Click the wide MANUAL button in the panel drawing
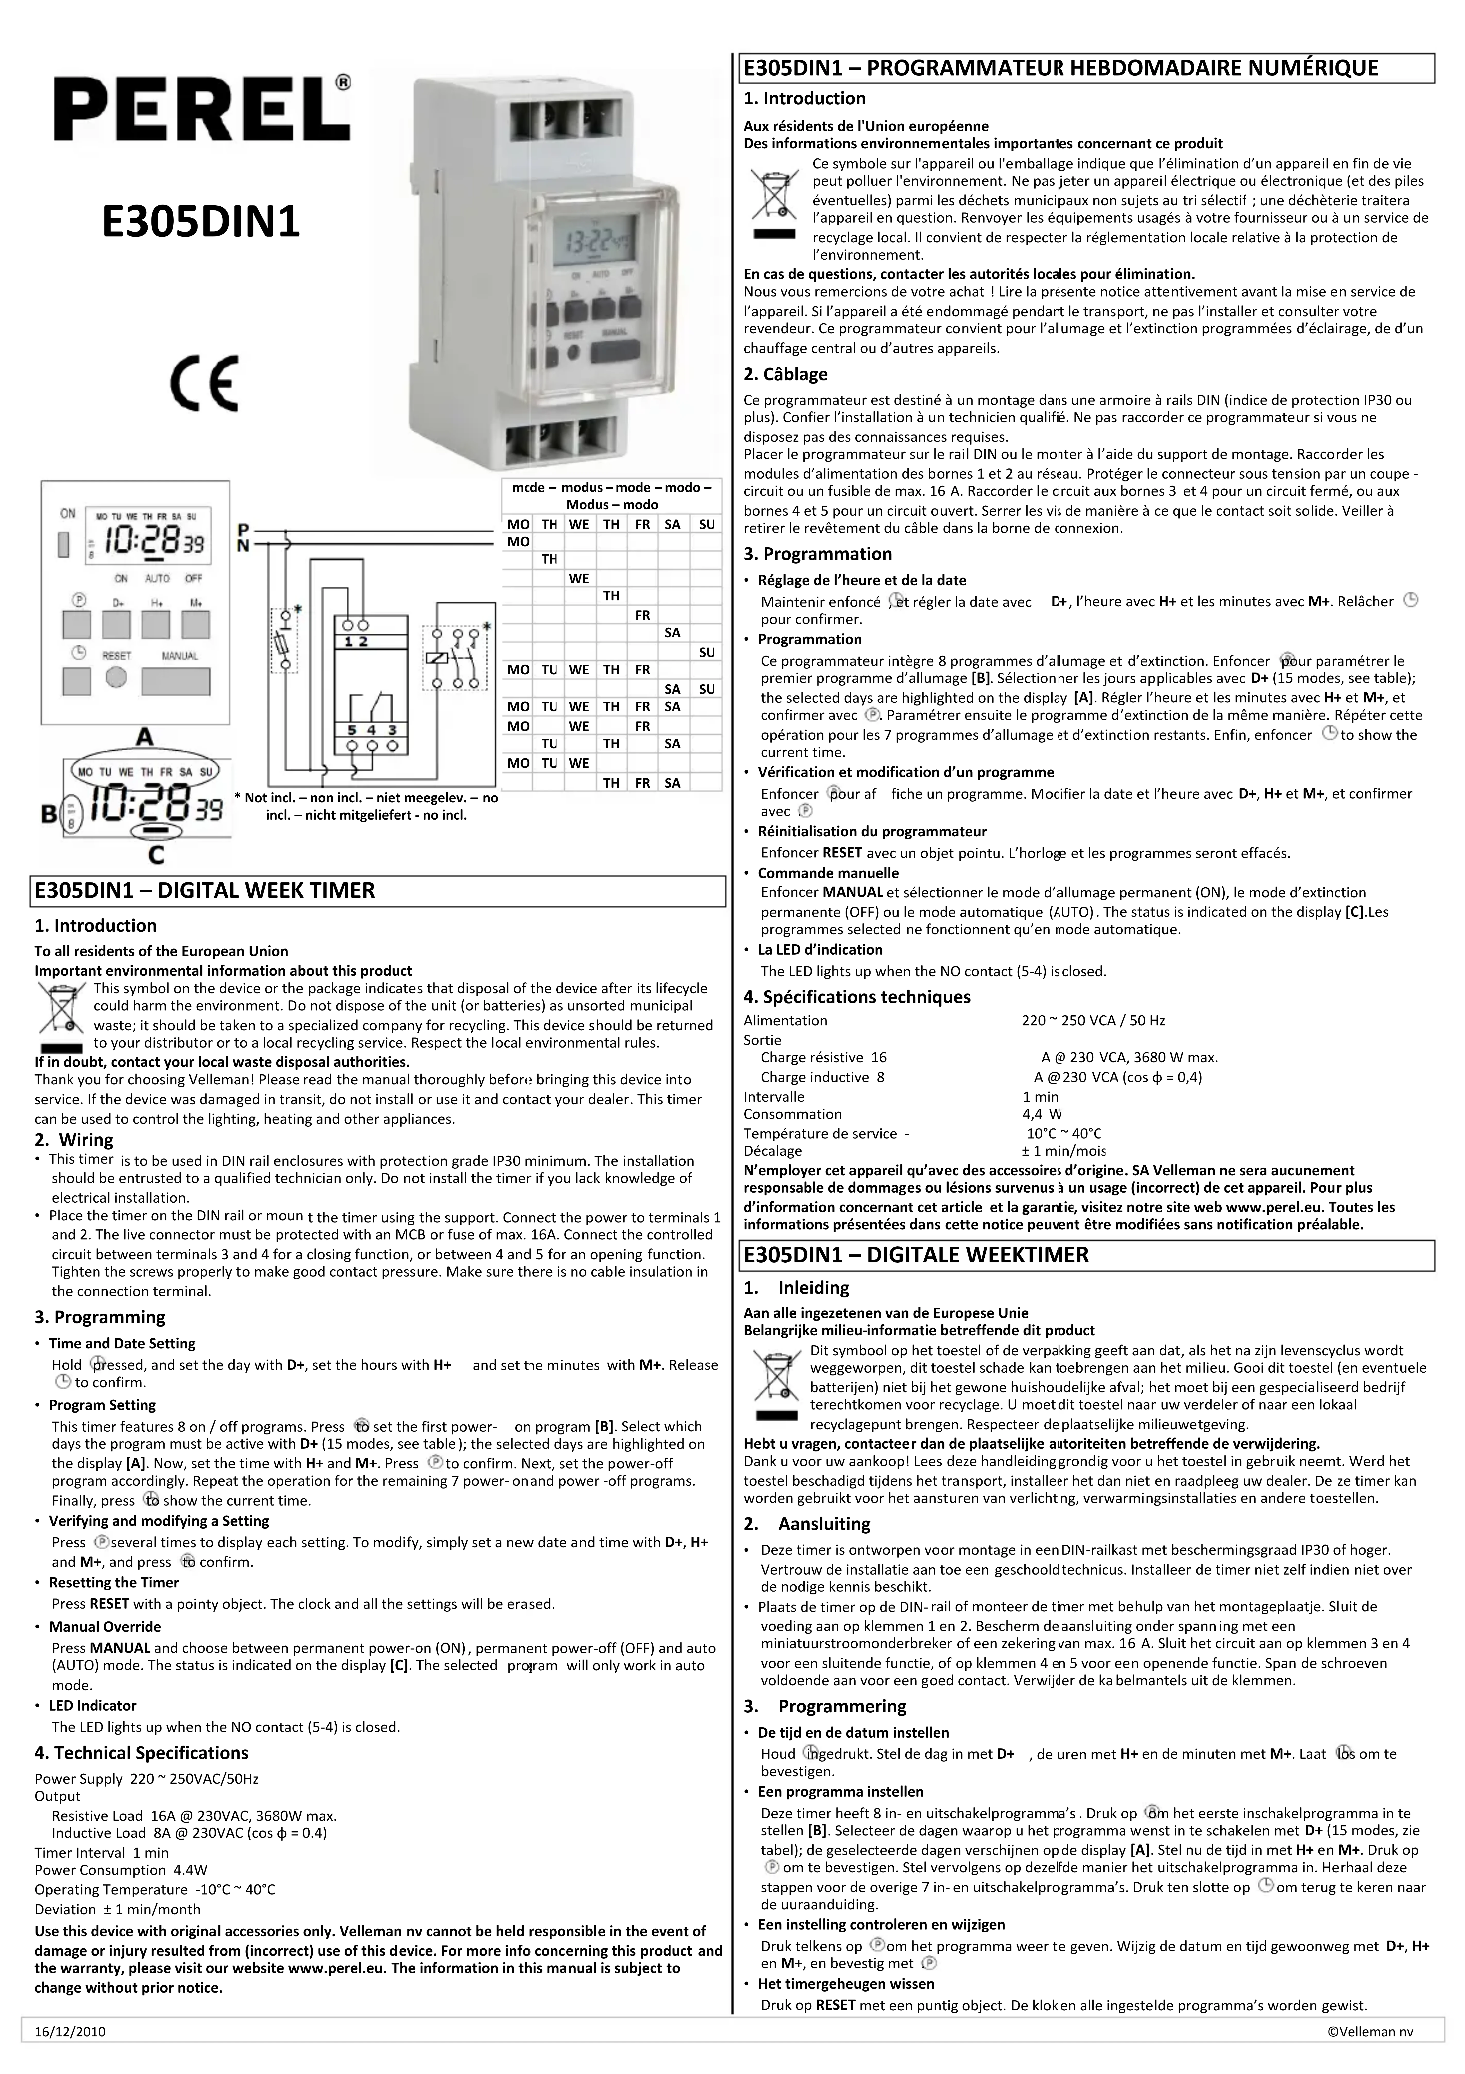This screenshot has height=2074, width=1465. tap(176, 680)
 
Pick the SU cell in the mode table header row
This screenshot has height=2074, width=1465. tap(706, 524)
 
